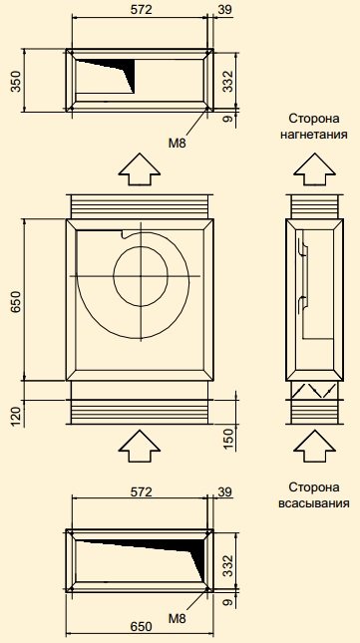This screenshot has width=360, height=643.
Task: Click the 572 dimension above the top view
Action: pyautogui.click(x=141, y=9)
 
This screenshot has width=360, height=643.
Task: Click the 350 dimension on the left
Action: pyautogui.click(x=16, y=81)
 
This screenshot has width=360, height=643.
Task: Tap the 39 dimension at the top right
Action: pyautogui.click(x=224, y=9)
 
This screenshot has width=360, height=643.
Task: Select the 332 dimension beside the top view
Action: pyautogui.click(x=228, y=81)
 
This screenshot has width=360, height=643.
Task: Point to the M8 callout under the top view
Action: pyautogui.click(x=178, y=143)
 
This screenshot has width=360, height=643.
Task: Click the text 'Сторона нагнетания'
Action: pyautogui.click(x=314, y=127)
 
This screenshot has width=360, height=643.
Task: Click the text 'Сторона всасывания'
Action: pyautogui.click(x=314, y=495)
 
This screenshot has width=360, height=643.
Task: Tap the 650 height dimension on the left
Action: pyautogui.click(x=16, y=303)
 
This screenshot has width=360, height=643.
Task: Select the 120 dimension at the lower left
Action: pyautogui.click(x=16, y=415)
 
